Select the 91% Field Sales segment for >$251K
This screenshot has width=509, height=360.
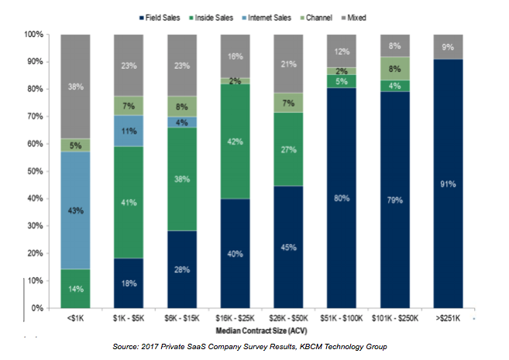click(x=447, y=183)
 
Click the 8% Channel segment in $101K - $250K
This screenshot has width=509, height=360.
click(x=394, y=68)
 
